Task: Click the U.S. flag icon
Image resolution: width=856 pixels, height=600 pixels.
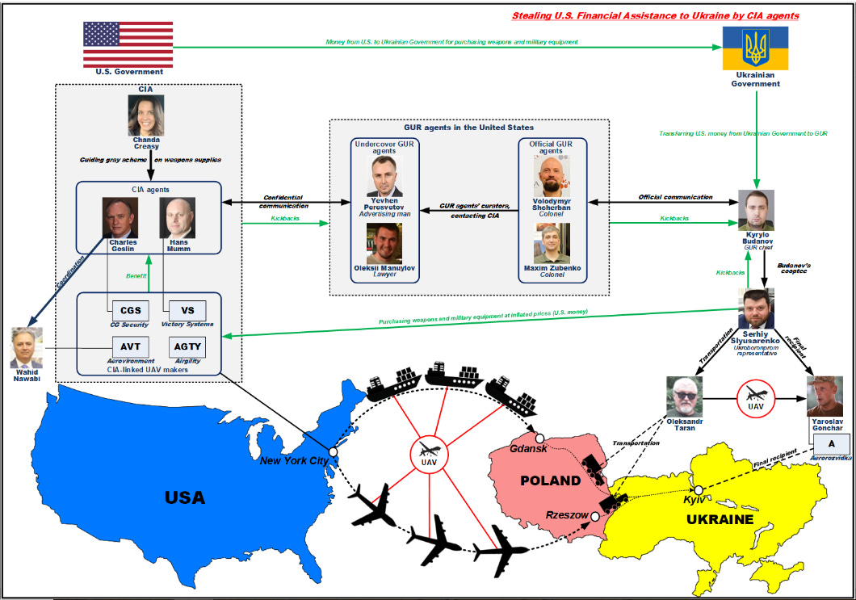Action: pyautogui.click(x=117, y=45)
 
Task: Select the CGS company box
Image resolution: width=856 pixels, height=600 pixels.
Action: pyautogui.click(x=130, y=309)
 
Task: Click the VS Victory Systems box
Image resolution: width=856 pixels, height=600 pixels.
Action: pyautogui.click(x=187, y=309)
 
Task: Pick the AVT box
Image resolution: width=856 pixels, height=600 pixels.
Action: pyautogui.click(x=130, y=347)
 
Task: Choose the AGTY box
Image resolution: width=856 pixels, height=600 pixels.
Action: pyautogui.click(x=187, y=347)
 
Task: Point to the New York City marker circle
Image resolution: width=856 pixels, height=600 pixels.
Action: pyautogui.click(x=333, y=452)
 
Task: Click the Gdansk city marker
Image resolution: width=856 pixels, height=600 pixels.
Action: pyautogui.click(x=539, y=438)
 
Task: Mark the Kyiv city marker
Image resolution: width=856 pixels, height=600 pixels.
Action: pyautogui.click(x=699, y=490)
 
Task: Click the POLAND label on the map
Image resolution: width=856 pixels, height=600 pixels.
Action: pyautogui.click(x=550, y=480)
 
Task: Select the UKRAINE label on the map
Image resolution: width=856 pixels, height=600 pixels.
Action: pyautogui.click(x=720, y=519)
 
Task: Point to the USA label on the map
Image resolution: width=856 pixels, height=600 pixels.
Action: pyautogui.click(x=184, y=497)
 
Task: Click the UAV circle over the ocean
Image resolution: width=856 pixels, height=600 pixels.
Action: pyautogui.click(x=430, y=454)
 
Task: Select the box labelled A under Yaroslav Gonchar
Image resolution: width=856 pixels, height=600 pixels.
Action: pyautogui.click(x=830, y=443)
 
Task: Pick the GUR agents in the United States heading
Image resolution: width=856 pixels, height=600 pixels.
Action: pyautogui.click(x=468, y=128)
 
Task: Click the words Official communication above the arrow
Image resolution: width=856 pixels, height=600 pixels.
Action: pyautogui.click(x=675, y=196)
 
